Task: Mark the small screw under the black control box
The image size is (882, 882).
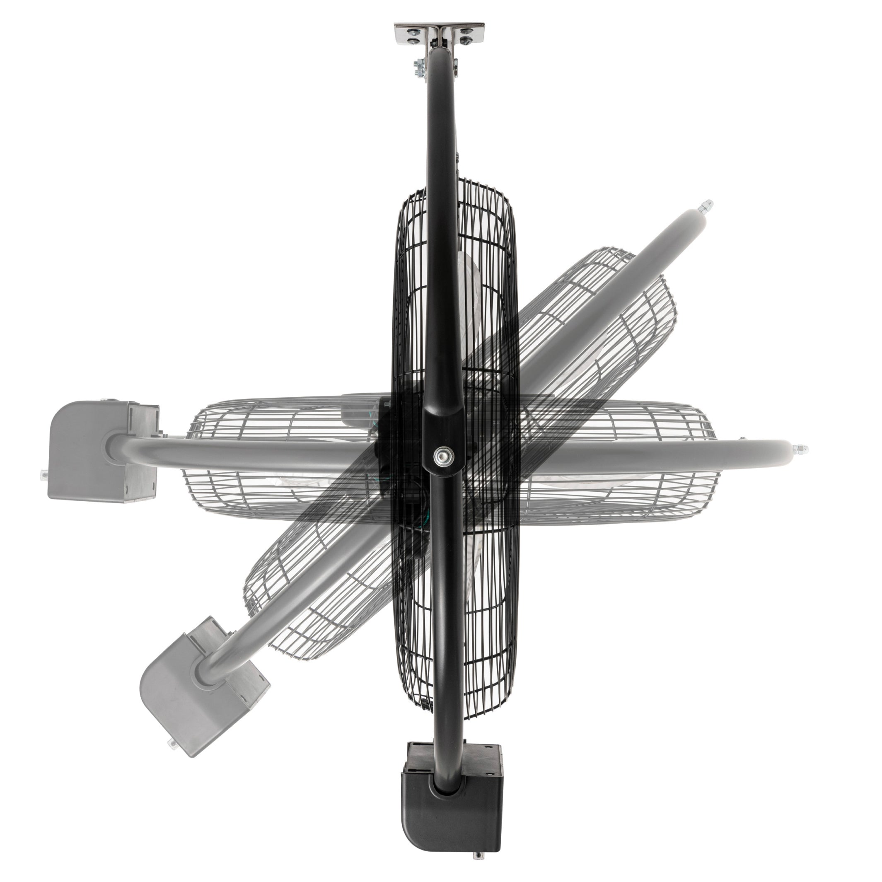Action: pyautogui.click(x=478, y=866)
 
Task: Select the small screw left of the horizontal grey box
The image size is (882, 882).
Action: pyautogui.click(x=44, y=474)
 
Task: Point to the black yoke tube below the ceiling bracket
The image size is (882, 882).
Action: pyautogui.click(x=441, y=137)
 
